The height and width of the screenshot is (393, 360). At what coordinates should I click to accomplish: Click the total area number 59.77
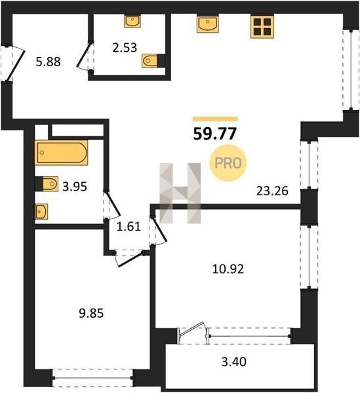(x=214, y=134)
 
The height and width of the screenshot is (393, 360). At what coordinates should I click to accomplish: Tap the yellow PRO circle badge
(x=228, y=163)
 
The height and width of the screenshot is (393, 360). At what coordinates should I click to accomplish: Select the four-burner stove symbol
(x=262, y=26)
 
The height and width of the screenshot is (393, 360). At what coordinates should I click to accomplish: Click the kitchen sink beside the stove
(x=208, y=24)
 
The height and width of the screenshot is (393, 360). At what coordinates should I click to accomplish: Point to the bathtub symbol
(x=62, y=153)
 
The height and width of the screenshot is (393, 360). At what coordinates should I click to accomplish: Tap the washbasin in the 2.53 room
(x=132, y=21)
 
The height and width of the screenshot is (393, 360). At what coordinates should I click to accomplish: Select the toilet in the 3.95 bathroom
(x=47, y=184)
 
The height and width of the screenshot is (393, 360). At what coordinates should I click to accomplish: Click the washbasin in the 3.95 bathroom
(x=41, y=212)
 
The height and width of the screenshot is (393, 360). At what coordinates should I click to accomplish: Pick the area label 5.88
(x=48, y=62)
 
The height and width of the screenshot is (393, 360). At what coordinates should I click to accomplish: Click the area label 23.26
(x=272, y=191)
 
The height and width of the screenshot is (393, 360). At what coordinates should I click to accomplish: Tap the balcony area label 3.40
(x=234, y=362)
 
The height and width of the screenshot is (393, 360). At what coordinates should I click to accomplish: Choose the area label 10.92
(x=228, y=269)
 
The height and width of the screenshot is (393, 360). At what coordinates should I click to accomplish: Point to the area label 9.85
(x=91, y=313)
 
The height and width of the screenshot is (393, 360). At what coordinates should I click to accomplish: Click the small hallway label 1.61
(x=129, y=227)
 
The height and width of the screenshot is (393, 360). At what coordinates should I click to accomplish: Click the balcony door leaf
(x=191, y=329)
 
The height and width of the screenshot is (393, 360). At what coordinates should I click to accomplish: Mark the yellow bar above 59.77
(x=215, y=119)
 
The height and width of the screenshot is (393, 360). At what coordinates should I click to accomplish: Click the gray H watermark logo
(x=180, y=193)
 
